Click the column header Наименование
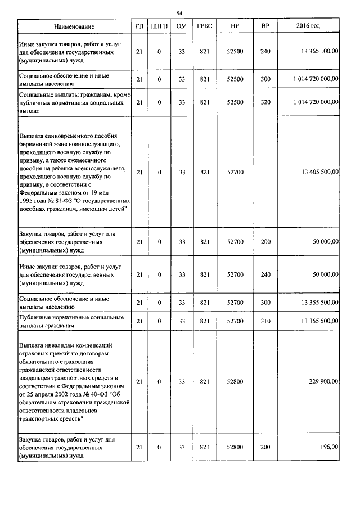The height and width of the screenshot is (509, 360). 74,26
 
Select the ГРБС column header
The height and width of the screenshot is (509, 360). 205,26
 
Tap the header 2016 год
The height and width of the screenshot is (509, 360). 308,26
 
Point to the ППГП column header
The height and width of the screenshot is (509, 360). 159,26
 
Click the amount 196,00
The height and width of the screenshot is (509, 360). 330,447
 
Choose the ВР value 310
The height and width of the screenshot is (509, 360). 265,321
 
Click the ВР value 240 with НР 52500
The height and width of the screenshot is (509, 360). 265,52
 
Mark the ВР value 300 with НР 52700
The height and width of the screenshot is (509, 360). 265,303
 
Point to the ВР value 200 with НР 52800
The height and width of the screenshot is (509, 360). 265,447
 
